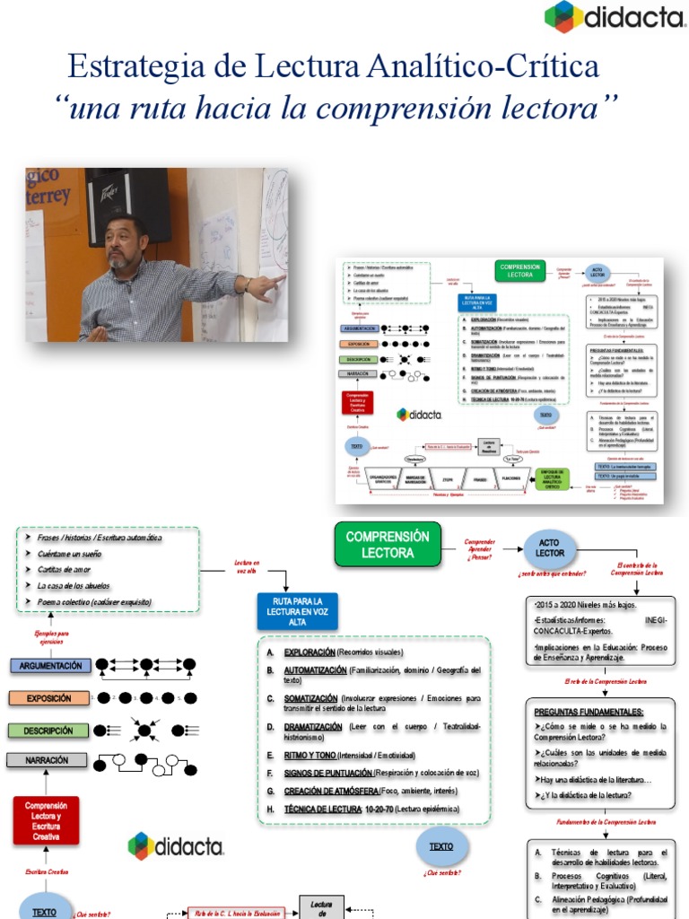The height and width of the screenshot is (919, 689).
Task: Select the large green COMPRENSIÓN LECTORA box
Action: pos(388,545)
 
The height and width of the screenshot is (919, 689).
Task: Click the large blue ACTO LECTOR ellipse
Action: pos(550,547)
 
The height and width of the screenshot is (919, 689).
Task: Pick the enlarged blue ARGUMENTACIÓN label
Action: pos(51,666)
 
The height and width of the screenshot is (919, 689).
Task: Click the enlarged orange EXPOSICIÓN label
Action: pos(48,697)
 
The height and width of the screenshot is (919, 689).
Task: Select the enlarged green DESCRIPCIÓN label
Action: pos(48,731)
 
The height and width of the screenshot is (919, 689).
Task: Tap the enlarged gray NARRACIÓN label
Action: pos(48,760)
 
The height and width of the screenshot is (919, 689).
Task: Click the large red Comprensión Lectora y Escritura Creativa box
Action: pos(46,820)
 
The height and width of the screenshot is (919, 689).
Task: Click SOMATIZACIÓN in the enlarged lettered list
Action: pos(310,697)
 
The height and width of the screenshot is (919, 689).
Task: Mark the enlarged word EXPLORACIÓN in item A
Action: pos(309,652)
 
